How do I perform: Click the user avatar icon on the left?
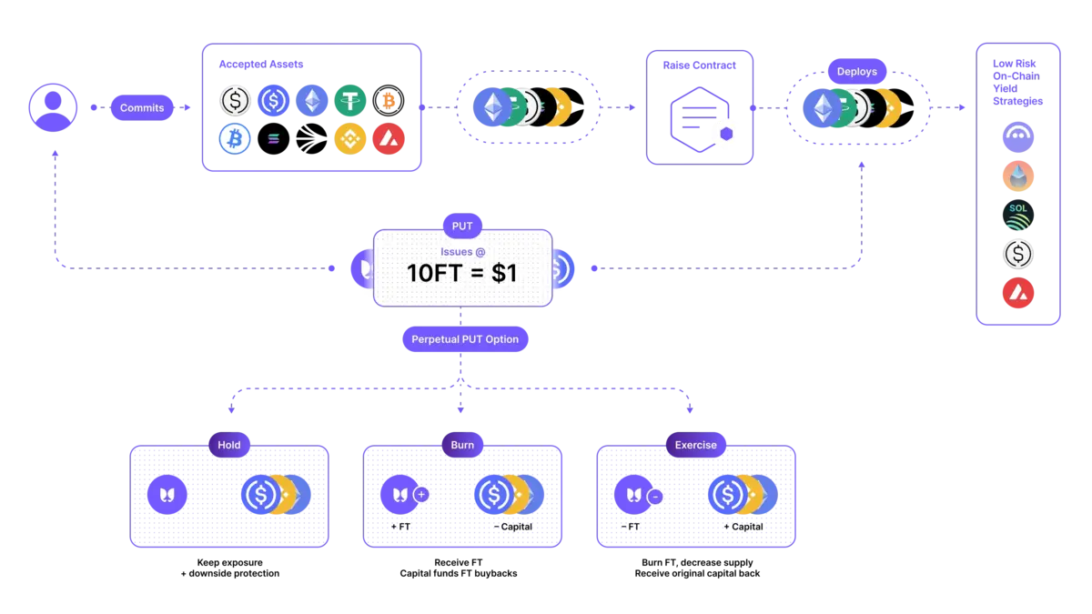tap(53, 107)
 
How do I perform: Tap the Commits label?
tap(142, 108)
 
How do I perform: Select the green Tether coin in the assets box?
tap(350, 100)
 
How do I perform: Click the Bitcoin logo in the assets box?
tap(235, 139)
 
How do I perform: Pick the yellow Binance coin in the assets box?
tap(350, 139)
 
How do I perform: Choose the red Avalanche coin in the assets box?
tap(389, 139)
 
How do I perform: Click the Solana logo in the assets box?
tap(274, 139)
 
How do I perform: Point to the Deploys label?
tap(857, 71)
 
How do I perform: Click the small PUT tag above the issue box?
tap(462, 226)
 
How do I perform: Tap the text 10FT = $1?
tap(462, 273)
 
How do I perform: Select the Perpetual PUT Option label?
tap(465, 339)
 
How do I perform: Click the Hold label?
tap(229, 445)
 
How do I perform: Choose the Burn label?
tap(462, 445)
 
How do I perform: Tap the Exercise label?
tap(696, 445)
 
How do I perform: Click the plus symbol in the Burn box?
tap(421, 494)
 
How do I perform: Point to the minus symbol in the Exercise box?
tap(655, 496)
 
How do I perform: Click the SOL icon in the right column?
tap(1017, 216)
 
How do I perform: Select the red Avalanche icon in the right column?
tap(1017, 293)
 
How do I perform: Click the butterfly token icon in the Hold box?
tap(167, 495)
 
